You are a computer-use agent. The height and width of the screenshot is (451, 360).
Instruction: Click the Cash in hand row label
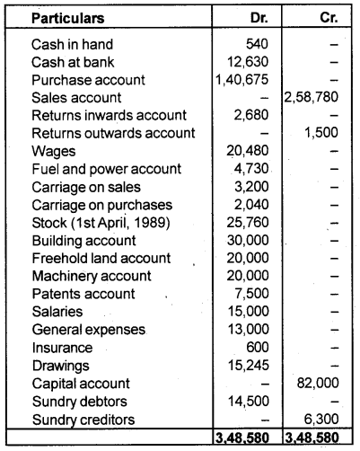click(x=66, y=43)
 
